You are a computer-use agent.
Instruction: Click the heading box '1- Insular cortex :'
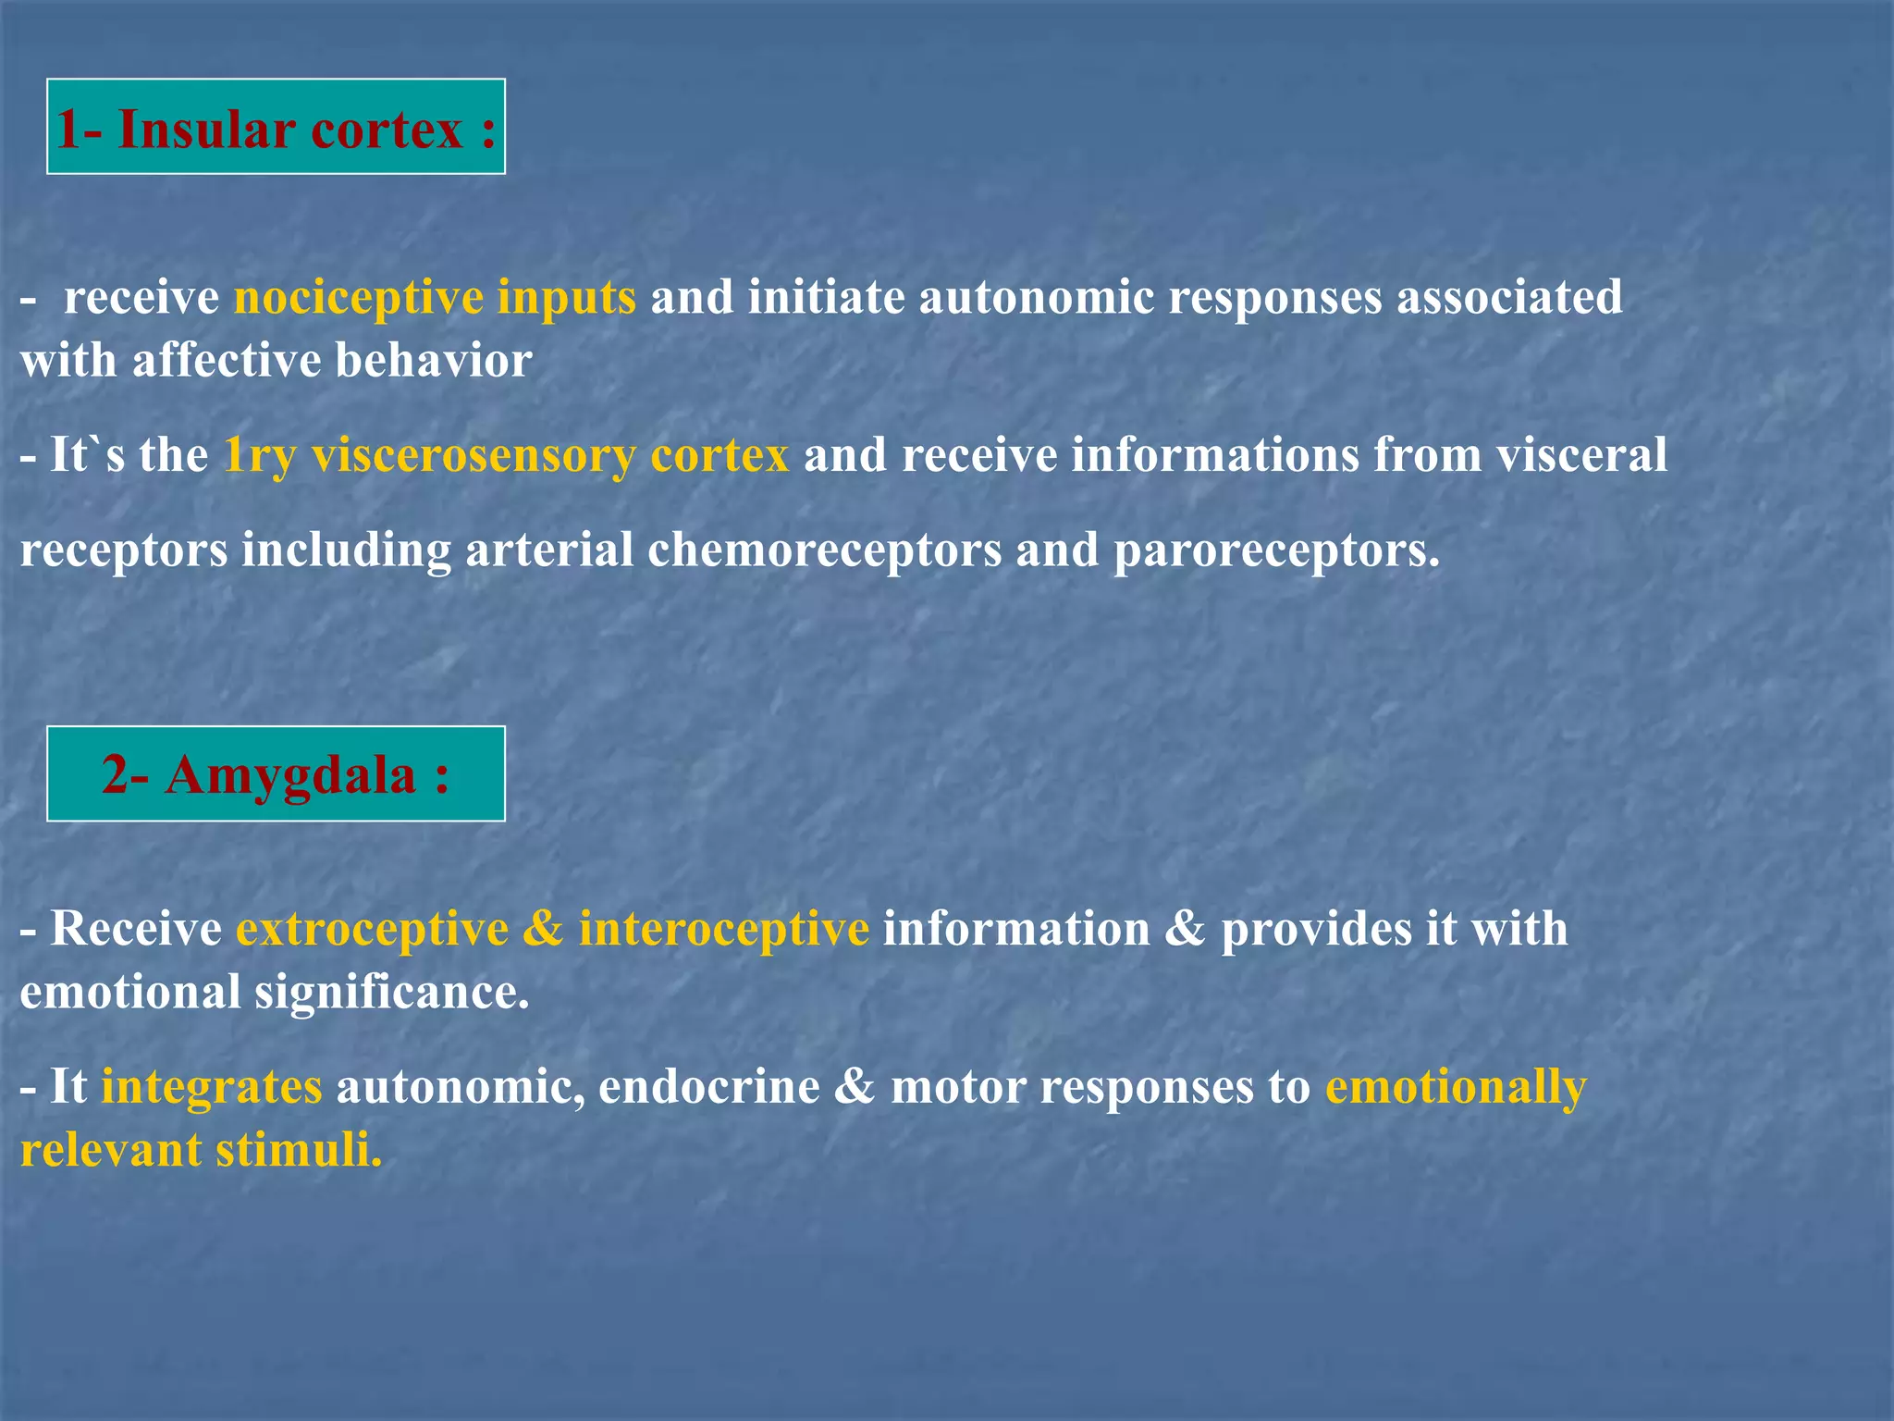(276, 127)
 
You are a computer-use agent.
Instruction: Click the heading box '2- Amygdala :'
(276, 773)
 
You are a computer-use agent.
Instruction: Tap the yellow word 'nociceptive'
(359, 298)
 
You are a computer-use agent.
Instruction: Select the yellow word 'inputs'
(566, 298)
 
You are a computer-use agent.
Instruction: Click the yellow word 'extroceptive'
(372, 929)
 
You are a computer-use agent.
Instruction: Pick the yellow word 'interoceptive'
(723, 929)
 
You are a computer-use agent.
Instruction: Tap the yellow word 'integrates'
(212, 1086)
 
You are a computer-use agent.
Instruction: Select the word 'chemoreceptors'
(824, 550)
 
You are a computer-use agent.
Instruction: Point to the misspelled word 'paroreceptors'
(1276, 550)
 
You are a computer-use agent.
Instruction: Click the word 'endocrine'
(708, 1086)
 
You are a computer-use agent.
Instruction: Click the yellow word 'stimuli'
(298, 1150)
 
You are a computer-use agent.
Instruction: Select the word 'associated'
(1509, 298)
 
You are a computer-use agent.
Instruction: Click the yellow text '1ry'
(260, 455)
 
